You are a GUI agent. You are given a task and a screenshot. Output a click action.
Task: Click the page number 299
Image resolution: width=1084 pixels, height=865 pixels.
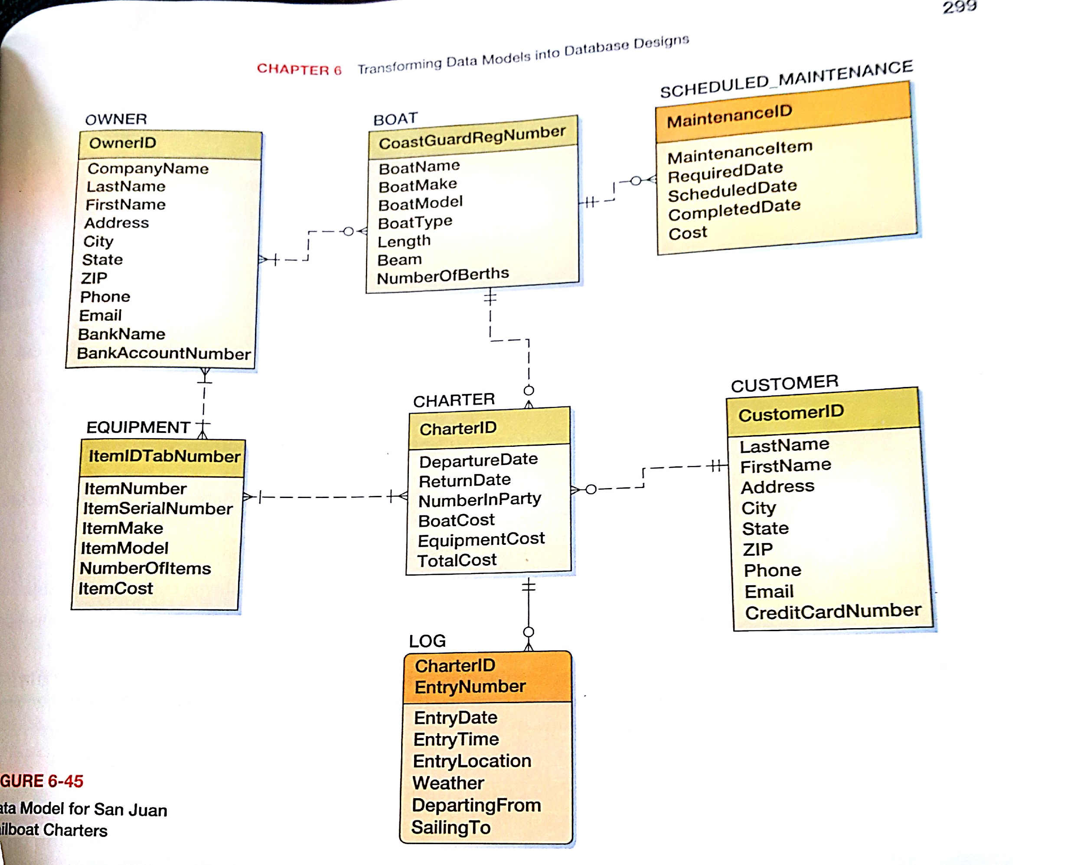959,7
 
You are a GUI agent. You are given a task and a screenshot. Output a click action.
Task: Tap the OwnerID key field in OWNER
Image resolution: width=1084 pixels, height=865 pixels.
123,143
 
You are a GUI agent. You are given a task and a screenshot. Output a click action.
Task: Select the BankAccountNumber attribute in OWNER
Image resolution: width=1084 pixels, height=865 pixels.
163,353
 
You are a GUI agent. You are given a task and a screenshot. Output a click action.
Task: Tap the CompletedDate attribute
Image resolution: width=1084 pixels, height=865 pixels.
734,210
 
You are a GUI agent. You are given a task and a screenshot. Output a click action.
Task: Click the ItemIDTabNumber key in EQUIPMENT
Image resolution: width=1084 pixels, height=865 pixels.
164,456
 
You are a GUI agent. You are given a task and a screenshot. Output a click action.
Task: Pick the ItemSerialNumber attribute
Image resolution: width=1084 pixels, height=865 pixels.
158,508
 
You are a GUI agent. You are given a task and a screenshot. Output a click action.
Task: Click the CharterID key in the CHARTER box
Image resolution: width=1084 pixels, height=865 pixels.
457,429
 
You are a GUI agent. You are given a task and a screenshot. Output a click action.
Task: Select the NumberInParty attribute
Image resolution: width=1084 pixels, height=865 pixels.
479,499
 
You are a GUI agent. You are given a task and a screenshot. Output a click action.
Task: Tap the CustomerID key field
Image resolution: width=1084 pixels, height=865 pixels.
790,413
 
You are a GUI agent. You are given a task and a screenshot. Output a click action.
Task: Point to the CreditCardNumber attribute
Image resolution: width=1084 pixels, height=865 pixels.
833,612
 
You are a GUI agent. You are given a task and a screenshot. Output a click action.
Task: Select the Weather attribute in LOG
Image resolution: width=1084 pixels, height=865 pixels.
448,783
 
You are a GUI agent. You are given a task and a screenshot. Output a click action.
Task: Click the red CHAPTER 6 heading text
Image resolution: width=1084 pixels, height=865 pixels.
299,69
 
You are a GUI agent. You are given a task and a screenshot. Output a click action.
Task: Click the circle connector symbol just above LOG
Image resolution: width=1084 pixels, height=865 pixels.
529,632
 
